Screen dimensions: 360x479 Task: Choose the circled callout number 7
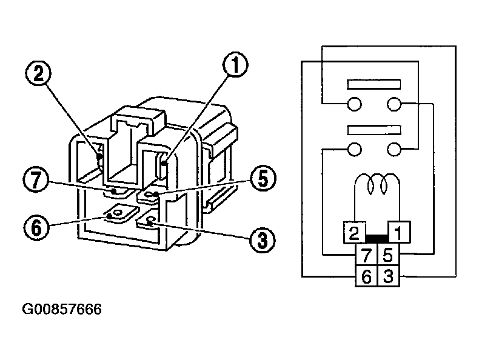point(37,180)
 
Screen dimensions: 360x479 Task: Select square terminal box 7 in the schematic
point(366,254)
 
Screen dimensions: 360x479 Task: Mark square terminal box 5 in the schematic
point(388,254)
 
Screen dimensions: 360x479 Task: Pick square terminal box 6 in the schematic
point(366,276)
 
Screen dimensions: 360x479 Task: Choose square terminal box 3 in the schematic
point(388,276)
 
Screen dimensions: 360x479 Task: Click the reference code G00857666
point(62,310)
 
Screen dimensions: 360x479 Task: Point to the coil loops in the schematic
point(376,184)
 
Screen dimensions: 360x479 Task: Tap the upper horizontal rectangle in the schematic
point(373,84)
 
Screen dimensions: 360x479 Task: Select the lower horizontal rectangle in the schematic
point(373,130)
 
